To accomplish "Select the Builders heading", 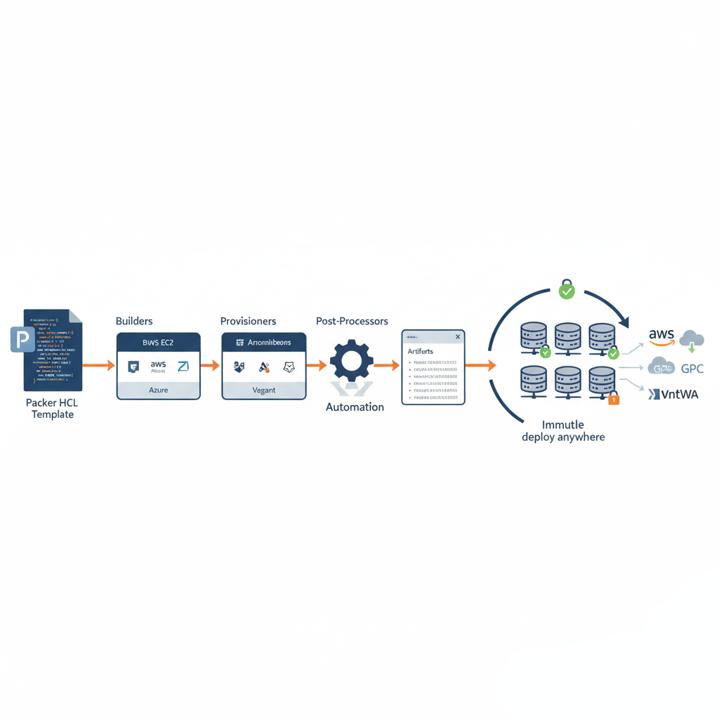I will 134,321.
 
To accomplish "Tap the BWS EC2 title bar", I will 158,342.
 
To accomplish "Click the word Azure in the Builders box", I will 158,390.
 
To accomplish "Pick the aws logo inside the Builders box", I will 158,366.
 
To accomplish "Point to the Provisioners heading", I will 248,321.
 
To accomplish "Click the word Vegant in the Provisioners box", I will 264,390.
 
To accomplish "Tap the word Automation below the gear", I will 355,407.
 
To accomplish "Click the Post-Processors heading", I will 352,321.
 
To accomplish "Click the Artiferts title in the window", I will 421,350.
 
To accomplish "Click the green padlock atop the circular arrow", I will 566,288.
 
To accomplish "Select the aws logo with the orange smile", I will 661,336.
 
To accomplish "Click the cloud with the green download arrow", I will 691,340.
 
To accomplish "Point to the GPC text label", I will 692,369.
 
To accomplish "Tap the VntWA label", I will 680,395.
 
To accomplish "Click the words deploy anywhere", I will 563,437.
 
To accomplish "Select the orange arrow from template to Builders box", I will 98,365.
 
